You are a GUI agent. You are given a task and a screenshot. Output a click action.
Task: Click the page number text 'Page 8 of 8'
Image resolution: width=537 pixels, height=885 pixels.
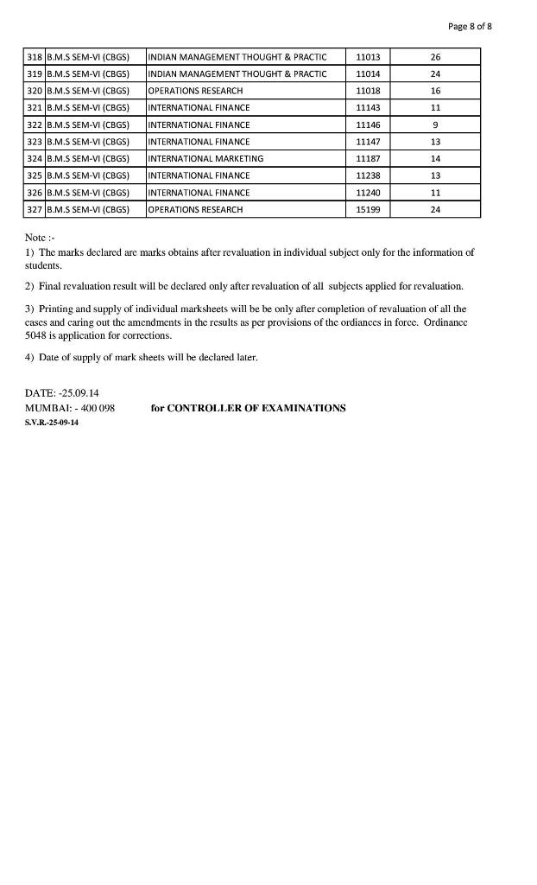tap(470, 27)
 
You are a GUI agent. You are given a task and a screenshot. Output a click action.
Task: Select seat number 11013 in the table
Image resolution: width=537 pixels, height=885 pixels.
tap(368, 57)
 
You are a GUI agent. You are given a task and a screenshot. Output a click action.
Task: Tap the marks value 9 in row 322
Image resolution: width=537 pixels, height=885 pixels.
tap(435, 124)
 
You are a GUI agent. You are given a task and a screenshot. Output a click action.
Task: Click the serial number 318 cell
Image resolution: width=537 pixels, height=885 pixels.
tap(35, 57)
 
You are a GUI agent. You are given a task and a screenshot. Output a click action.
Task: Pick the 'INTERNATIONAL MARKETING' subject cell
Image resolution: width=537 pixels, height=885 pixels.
tap(205, 159)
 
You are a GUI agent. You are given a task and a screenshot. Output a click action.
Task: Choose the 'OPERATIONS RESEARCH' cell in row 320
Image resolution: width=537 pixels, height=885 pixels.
tap(195, 91)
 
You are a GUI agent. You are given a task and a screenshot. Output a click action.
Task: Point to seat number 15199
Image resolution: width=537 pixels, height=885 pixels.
tap(368, 210)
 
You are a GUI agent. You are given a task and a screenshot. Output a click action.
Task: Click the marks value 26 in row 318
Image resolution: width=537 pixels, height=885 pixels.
tap(435, 57)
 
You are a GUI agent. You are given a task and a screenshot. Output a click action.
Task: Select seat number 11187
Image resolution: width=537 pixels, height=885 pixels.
tap(368, 159)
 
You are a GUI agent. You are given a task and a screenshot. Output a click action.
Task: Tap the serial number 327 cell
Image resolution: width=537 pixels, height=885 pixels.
tap(35, 210)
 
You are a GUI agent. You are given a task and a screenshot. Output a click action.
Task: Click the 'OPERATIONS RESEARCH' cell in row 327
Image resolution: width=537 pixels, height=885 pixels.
tap(195, 210)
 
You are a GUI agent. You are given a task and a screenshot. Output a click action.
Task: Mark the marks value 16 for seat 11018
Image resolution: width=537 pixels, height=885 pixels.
tap(435, 91)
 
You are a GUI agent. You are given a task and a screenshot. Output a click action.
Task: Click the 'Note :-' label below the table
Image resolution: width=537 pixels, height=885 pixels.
tap(41, 238)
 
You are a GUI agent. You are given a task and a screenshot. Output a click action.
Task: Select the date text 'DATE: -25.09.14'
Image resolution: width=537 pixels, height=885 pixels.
tap(62, 393)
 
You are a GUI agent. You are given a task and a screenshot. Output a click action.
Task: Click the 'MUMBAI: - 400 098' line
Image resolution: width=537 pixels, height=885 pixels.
tap(70, 408)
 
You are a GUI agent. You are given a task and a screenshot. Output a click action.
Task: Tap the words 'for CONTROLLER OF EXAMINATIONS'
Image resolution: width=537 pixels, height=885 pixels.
tap(248, 408)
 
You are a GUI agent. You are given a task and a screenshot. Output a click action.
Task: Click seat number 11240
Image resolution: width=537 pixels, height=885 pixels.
tap(368, 193)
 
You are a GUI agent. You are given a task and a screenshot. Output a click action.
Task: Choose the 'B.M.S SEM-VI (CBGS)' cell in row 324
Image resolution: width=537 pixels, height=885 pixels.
tap(87, 159)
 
